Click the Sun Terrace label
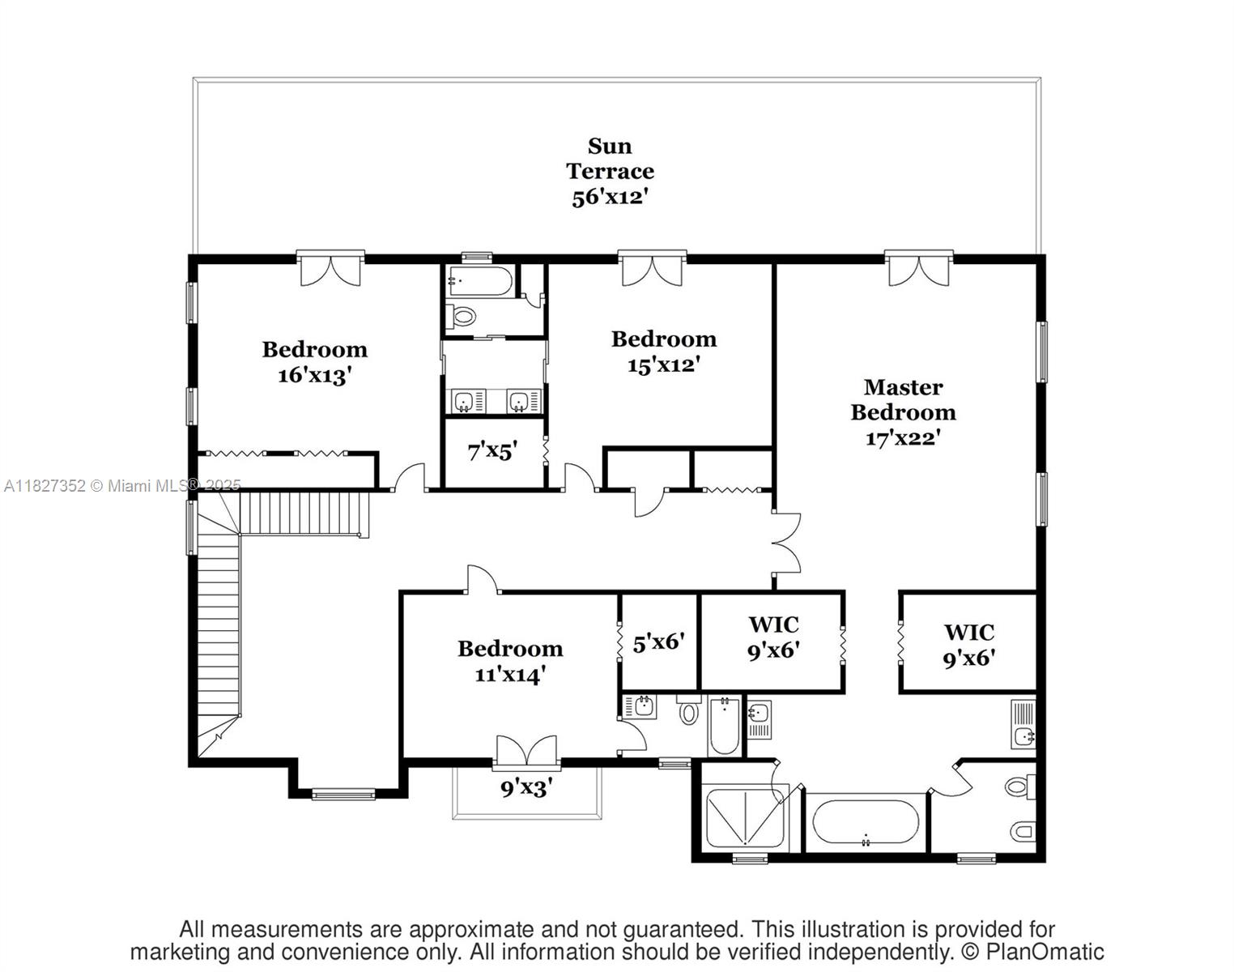(610, 159)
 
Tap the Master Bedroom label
(903, 399)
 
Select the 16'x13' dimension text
(314, 375)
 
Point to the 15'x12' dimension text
(663, 364)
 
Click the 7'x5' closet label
(492, 451)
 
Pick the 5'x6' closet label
(658, 643)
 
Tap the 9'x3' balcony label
(526, 787)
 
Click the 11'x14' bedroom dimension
(509, 674)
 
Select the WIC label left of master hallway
(773, 625)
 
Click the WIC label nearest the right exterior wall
(968, 632)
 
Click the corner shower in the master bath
(743, 817)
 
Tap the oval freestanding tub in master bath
(866, 822)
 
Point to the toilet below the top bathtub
(462, 316)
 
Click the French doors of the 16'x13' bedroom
(330, 269)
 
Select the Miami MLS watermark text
(122, 485)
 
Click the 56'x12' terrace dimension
(610, 197)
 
